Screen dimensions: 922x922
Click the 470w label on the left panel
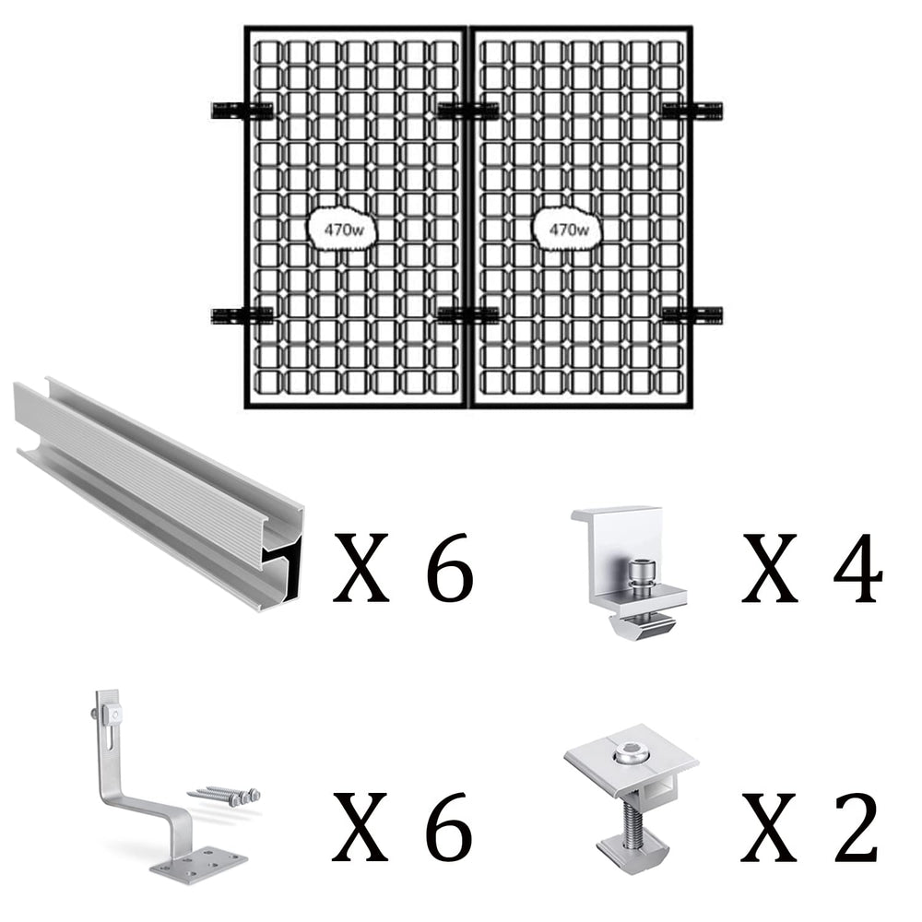tap(344, 230)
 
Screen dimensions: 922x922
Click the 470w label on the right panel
tap(569, 230)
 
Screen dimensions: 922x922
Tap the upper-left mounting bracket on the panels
tap(242, 111)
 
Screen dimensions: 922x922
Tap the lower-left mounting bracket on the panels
tap(242, 315)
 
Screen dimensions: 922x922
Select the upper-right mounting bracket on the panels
tap(692, 111)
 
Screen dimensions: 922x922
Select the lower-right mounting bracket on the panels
tap(692, 315)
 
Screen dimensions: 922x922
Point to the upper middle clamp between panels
tap(468, 111)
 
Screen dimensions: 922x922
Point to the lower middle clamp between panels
tap(468, 315)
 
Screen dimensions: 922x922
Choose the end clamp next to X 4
tap(629, 572)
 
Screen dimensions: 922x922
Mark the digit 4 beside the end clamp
tap(857, 567)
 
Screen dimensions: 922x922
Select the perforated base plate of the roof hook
tap(199, 862)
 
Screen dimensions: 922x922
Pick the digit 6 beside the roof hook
tap(450, 827)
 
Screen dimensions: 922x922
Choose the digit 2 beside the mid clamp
tap(857, 827)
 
